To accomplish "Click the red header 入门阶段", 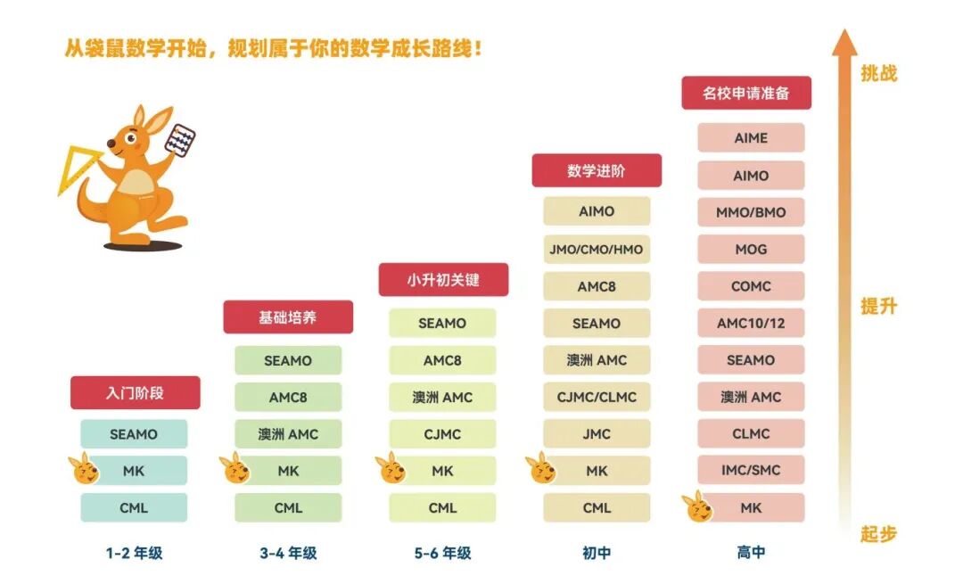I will coord(135,392).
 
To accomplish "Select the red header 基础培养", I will coord(288,317).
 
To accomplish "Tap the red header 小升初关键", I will coord(443,280).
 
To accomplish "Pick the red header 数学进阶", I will coord(597,171).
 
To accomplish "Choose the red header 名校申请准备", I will coord(745,93).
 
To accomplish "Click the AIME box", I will coord(751,138).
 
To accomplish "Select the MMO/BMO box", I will coord(751,212).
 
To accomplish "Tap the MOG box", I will coord(751,250).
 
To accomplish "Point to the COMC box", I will coord(751,286).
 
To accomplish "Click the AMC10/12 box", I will coord(751,323).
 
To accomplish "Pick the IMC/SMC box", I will coord(751,470).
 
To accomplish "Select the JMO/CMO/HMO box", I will coord(597,249).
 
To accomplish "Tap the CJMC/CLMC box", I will coord(597,397).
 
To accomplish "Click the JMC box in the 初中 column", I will coord(597,434).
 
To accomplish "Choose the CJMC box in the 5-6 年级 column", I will coord(442,434).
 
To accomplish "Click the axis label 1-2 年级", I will coord(134,553).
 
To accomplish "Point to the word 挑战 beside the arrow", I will coord(878,73).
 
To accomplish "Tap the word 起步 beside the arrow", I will coord(878,534).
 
